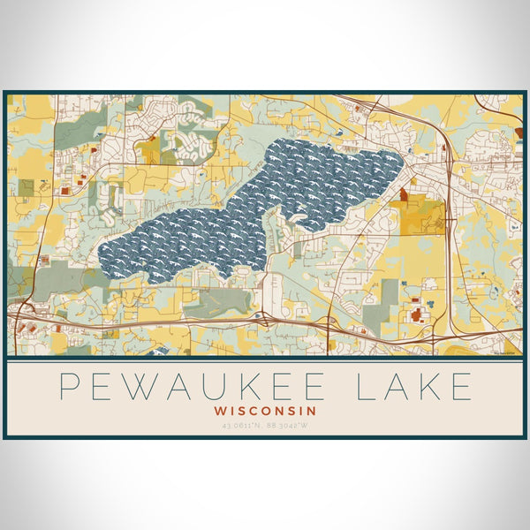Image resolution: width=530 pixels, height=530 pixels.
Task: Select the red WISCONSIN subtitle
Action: pyautogui.click(x=265, y=411)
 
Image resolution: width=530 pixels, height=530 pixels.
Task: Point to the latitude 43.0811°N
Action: pyautogui.click(x=238, y=427)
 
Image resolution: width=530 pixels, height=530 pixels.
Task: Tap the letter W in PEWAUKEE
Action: pyautogui.click(x=143, y=387)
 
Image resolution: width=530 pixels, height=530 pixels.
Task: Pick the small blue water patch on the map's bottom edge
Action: pyautogui.click(x=160, y=351)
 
